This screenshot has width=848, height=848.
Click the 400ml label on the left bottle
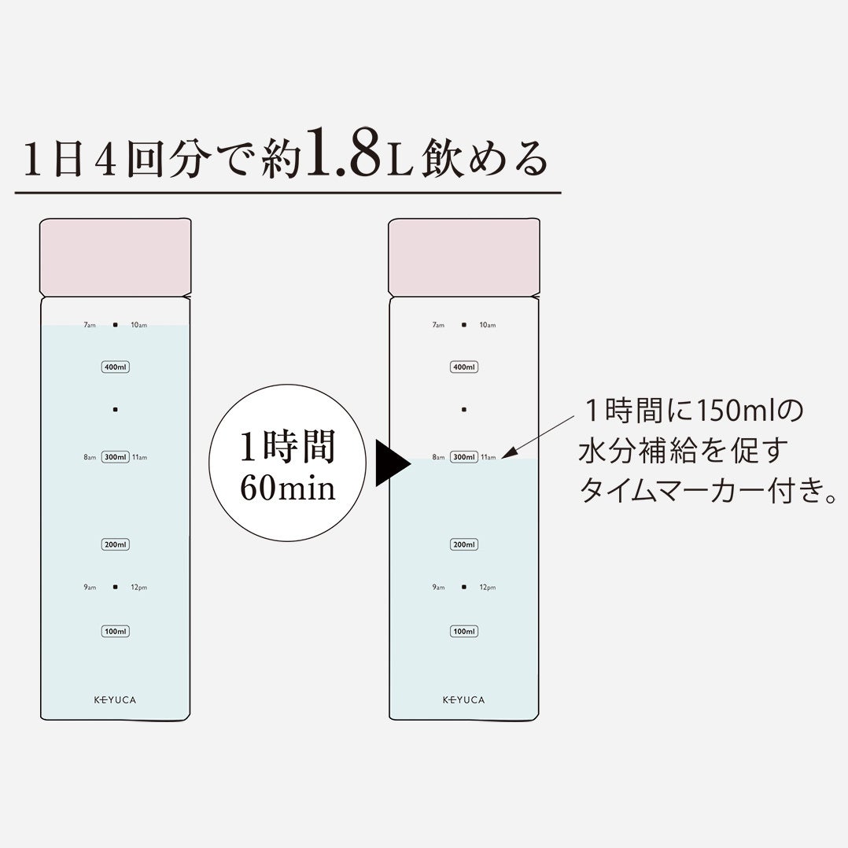click(115, 367)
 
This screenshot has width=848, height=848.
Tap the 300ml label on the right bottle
click(464, 457)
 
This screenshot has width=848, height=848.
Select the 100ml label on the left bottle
click(115, 631)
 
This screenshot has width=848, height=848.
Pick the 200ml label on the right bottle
click(464, 544)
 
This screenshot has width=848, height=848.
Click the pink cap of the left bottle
click(115, 257)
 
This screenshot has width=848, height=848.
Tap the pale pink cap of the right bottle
click(464, 257)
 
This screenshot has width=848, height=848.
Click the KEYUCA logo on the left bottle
click(115, 700)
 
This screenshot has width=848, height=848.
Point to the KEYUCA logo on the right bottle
click(464, 700)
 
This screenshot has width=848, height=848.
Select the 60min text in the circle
click(288, 489)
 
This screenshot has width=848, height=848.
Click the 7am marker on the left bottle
click(90, 325)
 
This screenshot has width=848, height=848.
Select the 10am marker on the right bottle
click(488, 325)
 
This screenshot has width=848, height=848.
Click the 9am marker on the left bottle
click(89, 588)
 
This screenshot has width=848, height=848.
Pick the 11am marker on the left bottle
click(139, 457)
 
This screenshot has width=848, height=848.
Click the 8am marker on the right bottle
click(439, 457)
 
